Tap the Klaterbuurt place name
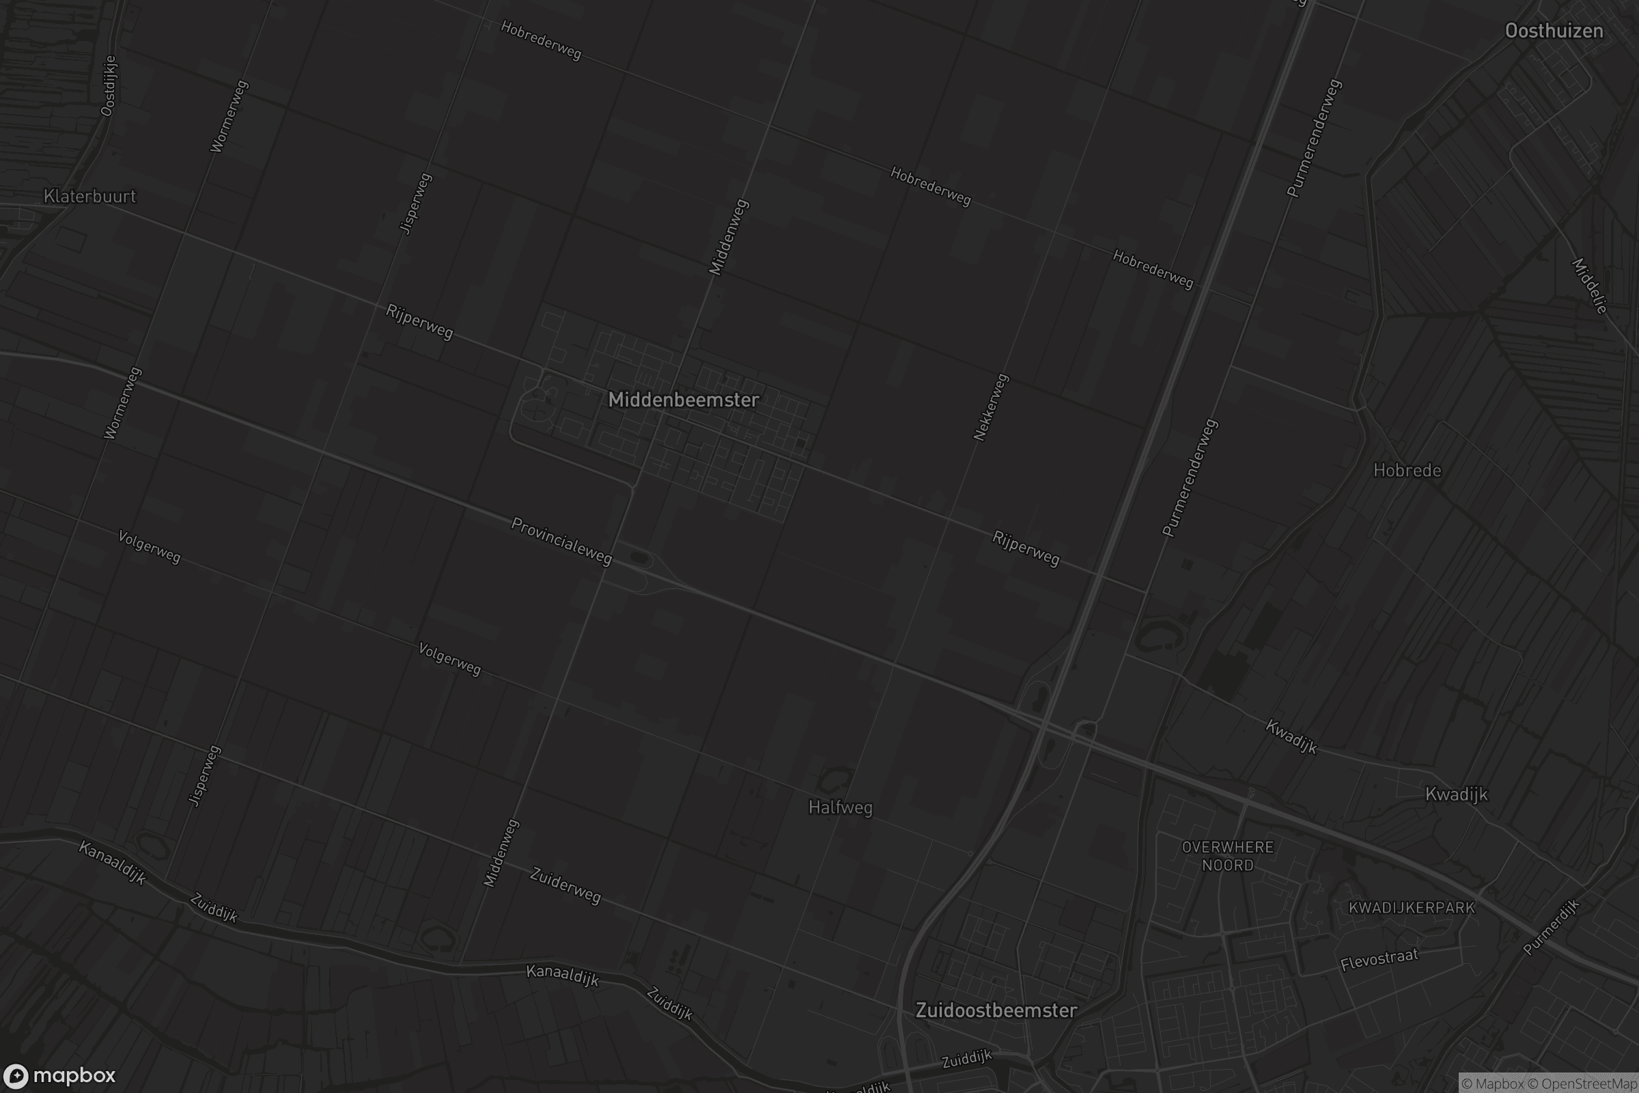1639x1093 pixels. [90, 197]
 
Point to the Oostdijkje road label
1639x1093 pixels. [109, 86]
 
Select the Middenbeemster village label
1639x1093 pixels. [683, 400]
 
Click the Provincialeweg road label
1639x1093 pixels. [561, 541]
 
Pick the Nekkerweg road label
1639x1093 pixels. [990, 407]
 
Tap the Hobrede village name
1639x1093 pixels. [1407, 471]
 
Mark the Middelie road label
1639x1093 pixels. [1590, 286]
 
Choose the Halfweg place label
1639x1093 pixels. [840, 808]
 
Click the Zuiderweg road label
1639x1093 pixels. [565, 886]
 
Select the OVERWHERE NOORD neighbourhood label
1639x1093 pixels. [1228, 856]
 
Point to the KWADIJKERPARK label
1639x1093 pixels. [1412, 909]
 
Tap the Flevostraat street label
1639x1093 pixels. [1379, 960]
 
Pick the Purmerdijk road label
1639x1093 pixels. [1551, 927]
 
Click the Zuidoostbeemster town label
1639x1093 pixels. [996, 1011]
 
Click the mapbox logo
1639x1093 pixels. [59, 1075]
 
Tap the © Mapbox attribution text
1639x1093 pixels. [1493, 1084]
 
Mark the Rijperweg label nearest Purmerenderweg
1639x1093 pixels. [1026, 549]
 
